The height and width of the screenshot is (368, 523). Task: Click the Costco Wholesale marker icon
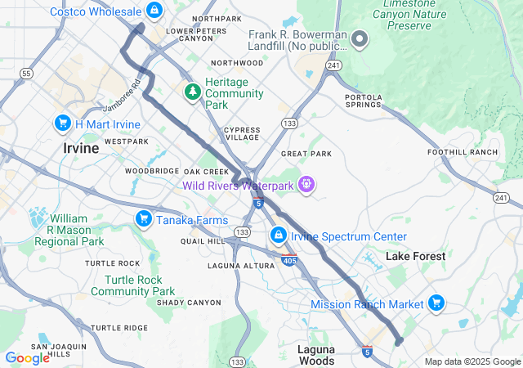click(154, 11)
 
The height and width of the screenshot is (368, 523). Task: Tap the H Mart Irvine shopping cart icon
click(62, 123)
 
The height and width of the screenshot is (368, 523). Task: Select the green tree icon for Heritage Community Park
click(193, 91)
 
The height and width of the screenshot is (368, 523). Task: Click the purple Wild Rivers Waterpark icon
click(306, 185)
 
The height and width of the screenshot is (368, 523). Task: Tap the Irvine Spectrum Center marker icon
click(279, 236)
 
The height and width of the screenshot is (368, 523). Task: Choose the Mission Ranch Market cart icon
click(436, 303)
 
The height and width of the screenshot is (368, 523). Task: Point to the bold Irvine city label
click(81, 149)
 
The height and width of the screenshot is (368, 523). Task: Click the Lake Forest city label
click(415, 256)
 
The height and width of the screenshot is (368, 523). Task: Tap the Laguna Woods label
click(315, 355)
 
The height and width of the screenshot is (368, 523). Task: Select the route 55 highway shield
click(27, 74)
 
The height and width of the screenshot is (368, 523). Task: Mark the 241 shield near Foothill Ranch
click(501, 198)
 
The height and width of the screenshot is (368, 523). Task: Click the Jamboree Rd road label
click(123, 95)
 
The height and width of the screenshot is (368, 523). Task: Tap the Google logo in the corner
click(27, 357)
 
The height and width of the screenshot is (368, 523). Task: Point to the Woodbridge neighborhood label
click(152, 171)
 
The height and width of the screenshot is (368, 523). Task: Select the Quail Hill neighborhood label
click(202, 241)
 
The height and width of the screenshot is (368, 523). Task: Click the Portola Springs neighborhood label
click(364, 101)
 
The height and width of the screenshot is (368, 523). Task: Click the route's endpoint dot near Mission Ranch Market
click(399, 341)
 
